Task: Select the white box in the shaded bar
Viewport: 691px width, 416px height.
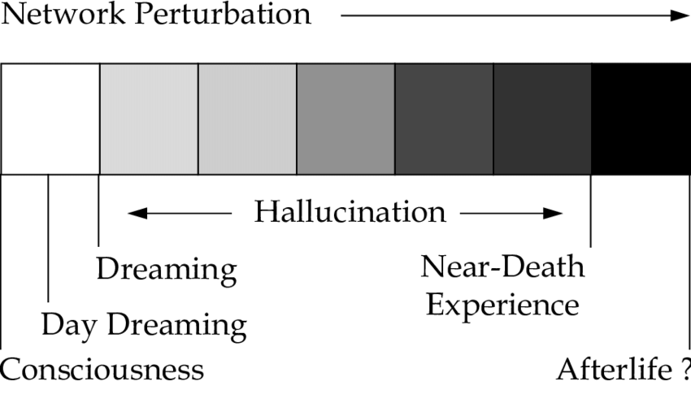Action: [50, 119]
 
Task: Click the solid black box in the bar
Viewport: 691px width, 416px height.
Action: [641, 119]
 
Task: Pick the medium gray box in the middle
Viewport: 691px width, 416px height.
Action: [345, 119]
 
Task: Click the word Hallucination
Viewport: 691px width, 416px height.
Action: [350, 212]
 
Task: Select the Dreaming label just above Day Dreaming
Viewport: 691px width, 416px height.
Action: [167, 269]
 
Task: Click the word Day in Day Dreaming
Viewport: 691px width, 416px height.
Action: [70, 325]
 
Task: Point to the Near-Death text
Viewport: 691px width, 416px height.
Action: [502, 266]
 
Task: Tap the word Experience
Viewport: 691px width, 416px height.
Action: [502, 305]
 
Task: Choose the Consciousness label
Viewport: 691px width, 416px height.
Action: [102, 370]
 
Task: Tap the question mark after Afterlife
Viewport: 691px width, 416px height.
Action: [684, 370]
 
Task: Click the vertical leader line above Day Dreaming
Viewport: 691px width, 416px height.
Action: [49, 244]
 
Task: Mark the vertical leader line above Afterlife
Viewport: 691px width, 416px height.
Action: [689, 260]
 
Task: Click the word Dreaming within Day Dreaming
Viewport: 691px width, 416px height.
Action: [176, 326]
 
